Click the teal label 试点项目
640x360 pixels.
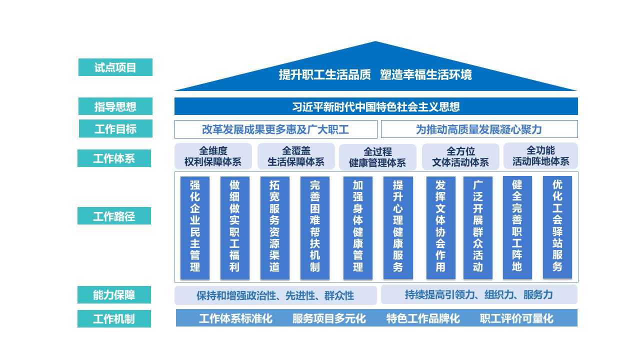115,67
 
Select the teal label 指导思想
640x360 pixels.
115,106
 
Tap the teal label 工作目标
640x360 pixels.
115,128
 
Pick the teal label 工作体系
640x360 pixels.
114,158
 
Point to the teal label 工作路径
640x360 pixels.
114,215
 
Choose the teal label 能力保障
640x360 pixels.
114,294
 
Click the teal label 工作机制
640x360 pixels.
114,318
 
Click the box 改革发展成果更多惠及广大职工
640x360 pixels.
275,129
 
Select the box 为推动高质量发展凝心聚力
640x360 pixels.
479,129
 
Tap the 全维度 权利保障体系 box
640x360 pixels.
213,156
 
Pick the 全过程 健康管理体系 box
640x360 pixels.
377,157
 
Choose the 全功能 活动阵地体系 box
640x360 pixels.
540,155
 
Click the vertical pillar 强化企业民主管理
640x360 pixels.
195,227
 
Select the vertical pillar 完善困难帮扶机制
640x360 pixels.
315,227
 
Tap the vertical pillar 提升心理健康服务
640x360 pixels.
398,227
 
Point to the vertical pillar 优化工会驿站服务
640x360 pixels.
557,227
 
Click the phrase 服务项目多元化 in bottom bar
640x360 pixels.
329,318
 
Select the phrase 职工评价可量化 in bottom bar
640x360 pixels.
516,318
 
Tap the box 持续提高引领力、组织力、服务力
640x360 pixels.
479,294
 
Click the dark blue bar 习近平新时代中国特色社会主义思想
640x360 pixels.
376,106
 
